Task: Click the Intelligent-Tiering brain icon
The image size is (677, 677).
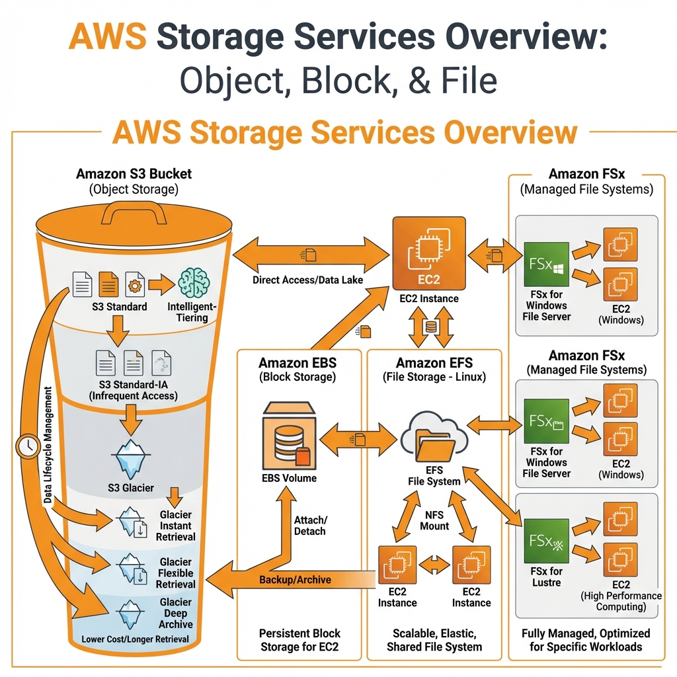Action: [x=194, y=284]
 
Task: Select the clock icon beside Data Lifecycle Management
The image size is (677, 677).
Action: [x=27, y=448]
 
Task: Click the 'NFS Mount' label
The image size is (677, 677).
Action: [x=434, y=520]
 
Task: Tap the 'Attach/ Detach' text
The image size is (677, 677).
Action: [x=309, y=525]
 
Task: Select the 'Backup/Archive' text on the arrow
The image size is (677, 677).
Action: [x=296, y=580]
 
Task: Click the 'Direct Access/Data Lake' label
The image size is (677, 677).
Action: [x=307, y=280]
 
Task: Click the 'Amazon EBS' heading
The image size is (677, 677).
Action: [x=298, y=363]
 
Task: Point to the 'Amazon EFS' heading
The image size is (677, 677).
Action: [x=435, y=363]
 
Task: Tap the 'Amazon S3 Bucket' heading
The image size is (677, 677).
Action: [x=134, y=175]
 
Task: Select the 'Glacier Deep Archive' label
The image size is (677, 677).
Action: [x=176, y=613]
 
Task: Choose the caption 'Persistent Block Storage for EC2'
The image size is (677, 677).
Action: [x=299, y=640]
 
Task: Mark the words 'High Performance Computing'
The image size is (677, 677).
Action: [x=620, y=602]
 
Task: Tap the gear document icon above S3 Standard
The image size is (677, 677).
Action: [x=134, y=284]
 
